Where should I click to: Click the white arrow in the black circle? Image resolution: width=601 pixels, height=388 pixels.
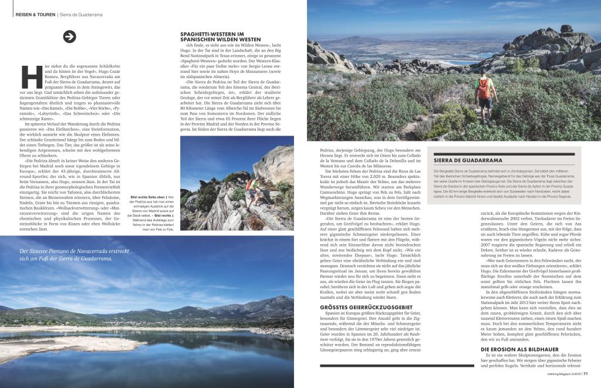70,36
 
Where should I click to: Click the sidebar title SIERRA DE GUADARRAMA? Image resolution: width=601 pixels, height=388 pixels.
468,160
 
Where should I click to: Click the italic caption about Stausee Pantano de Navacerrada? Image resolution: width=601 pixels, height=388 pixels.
73,255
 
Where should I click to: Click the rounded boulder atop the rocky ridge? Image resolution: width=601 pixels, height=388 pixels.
566,29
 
